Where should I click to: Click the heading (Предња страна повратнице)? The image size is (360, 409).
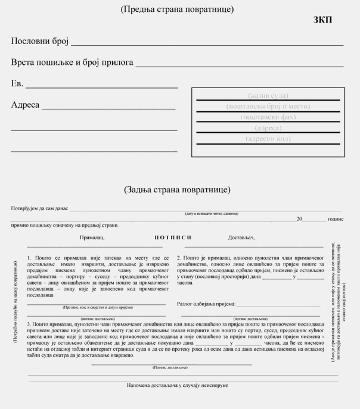click(176, 10)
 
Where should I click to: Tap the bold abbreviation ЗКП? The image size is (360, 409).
click(323, 20)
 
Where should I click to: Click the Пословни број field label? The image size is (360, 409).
click(40, 41)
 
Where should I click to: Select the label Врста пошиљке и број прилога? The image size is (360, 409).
click(72, 63)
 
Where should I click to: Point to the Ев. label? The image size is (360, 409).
click(17, 83)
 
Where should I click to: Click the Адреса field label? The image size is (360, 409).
click(25, 105)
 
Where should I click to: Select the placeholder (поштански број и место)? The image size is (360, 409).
click(268, 106)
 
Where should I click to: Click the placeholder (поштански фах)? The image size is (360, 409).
click(268, 117)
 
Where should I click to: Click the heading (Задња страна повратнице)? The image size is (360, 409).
click(177, 190)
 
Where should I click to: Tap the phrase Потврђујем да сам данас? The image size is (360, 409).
click(40, 209)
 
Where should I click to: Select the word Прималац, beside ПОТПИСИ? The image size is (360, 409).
click(92, 238)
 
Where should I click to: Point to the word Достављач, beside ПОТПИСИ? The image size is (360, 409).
click(241, 238)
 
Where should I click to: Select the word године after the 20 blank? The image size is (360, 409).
click(334, 219)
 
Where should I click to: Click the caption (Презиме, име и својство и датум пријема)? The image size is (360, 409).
click(98, 308)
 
